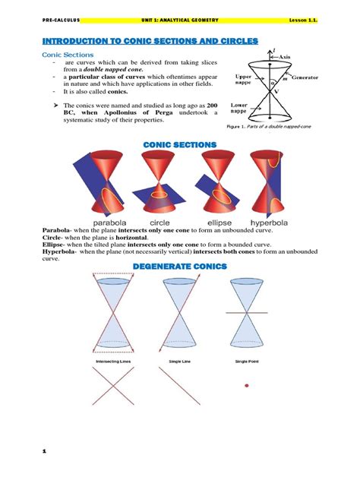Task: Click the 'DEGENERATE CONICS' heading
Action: pos(180,265)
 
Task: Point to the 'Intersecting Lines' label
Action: pos(115,362)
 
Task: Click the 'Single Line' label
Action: pos(179,362)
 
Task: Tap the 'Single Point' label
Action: pos(248,362)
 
